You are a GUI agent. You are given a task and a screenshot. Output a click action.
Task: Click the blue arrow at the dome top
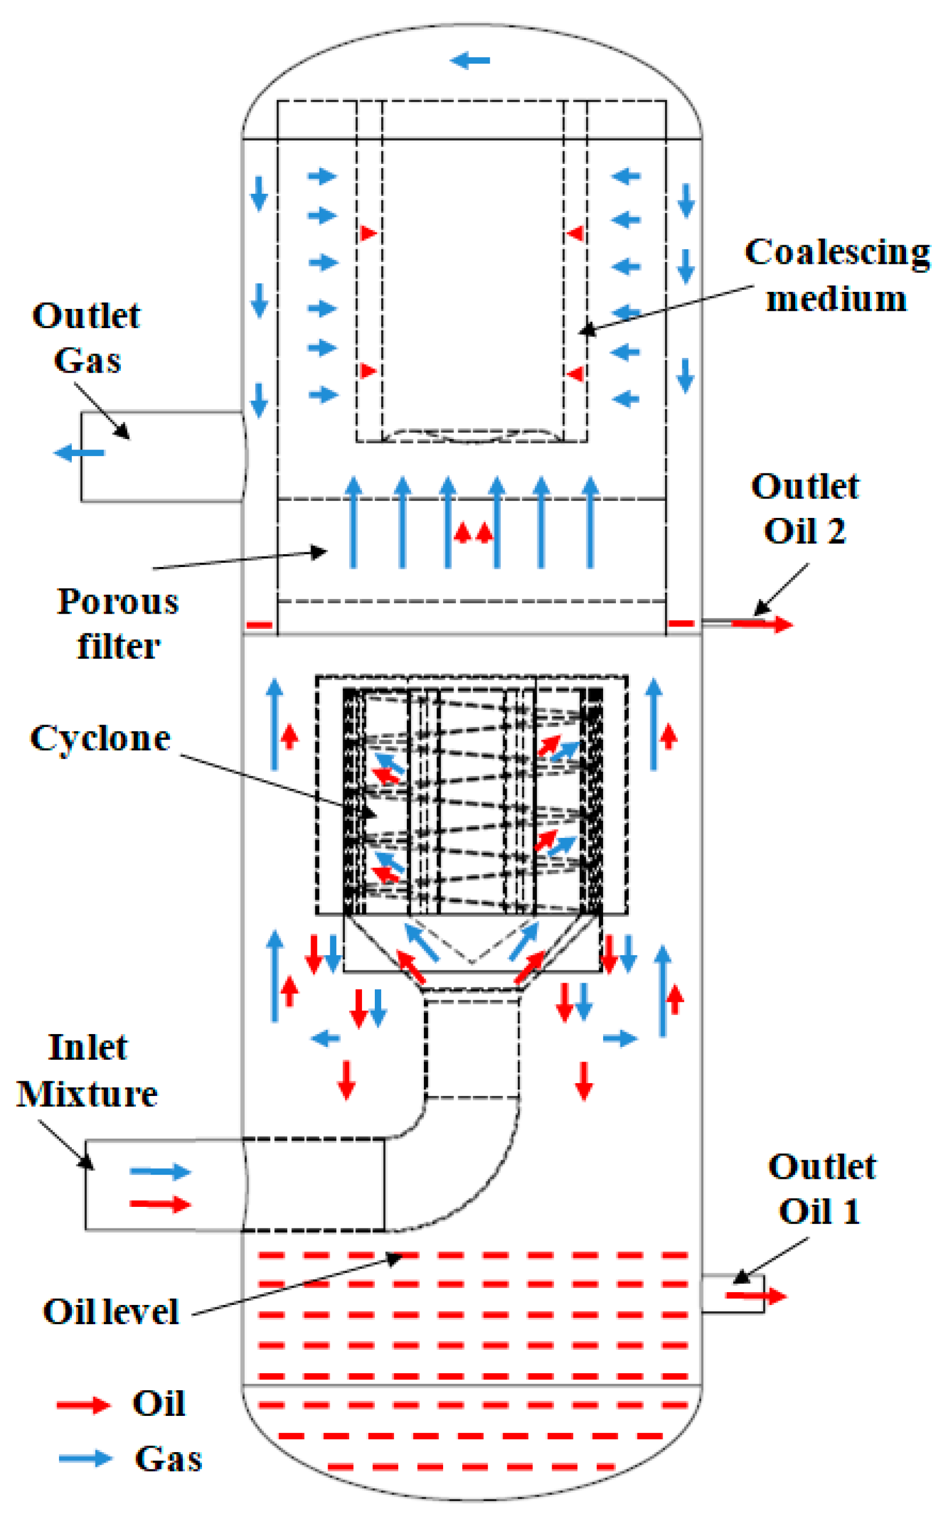pyautogui.click(x=469, y=61)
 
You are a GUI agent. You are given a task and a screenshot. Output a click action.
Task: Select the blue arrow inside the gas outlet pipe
pyautogui.click(x=79, y=452)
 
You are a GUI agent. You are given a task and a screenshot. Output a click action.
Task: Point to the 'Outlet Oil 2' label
pyautogui.click(x=805, y=508)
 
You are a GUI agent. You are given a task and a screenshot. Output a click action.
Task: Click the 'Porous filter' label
pyautogui.click(x=117, y=623)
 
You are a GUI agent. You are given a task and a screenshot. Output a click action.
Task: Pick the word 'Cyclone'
pyautogui.click(x=100, y=738)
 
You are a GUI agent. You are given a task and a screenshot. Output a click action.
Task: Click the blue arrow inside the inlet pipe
pyautogui.click(x=160, y=1171)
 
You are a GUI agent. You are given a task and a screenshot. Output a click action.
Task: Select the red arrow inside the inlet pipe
pyautogui.click(x=160, y=1204)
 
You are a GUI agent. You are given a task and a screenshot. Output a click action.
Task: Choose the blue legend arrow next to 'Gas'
pyautogui.click(x=85, y=1459)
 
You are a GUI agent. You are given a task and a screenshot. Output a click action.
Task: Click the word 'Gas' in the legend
pyautogui.click(x=169, y=1459)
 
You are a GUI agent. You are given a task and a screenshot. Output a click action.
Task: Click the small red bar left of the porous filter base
pyautogui.click(x=259, y=624)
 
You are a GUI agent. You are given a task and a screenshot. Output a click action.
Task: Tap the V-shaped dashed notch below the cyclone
pyautogui.click(x=472, y=962)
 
